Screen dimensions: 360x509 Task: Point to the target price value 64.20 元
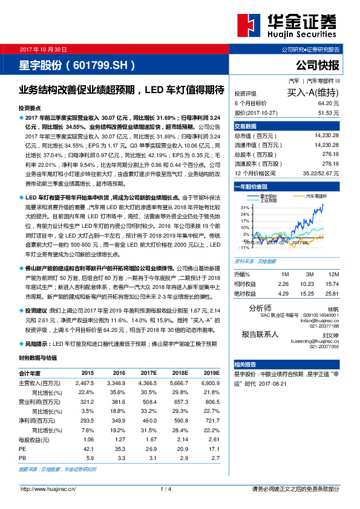327,103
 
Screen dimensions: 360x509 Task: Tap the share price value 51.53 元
327,112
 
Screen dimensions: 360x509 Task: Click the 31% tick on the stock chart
246,207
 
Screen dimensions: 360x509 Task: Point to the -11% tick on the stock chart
244,247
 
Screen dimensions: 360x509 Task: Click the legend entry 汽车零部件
316,197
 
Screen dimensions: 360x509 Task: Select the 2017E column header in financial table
148,374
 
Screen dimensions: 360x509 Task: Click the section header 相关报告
245,364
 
